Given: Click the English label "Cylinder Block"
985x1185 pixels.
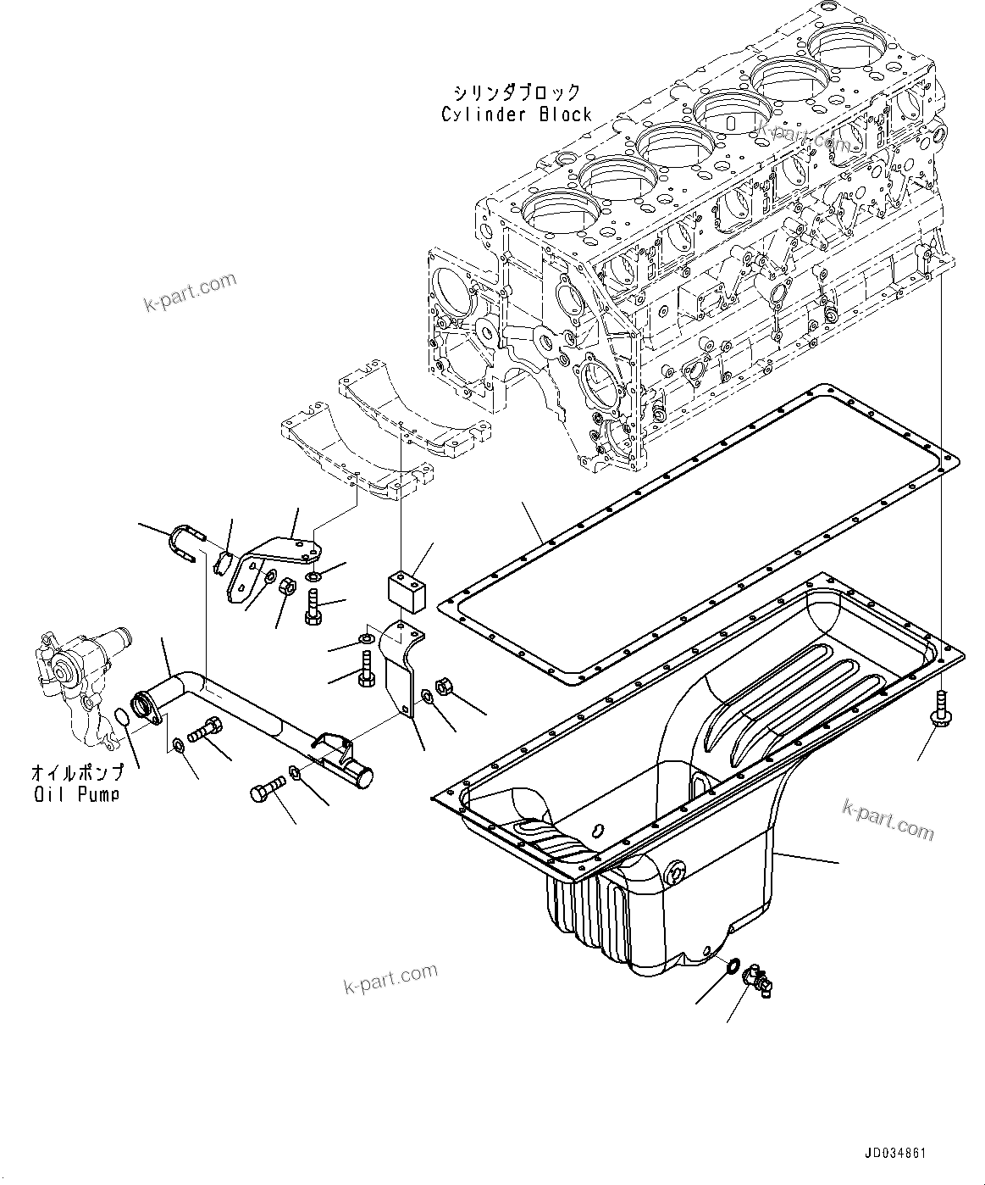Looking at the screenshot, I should [x=516, y=114].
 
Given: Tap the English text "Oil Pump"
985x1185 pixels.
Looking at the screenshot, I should [x=76, y=793].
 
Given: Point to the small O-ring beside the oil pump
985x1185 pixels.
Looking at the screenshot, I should [x=121, y=717].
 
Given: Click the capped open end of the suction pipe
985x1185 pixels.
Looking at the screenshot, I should [x=364, y=773].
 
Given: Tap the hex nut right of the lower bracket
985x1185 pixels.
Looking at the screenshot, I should [x=442, y=685].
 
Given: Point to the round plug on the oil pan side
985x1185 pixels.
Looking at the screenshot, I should [x=677, y=871].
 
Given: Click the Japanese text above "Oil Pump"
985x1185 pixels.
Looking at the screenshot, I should [x=76, y=771].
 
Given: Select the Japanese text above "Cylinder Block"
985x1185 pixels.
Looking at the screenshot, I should [x=516, y=92].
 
